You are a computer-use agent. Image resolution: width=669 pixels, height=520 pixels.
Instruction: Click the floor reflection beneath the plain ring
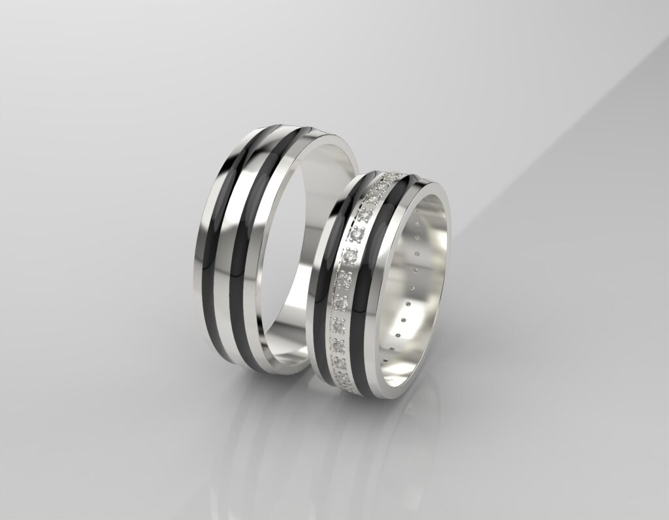[261, 425]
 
